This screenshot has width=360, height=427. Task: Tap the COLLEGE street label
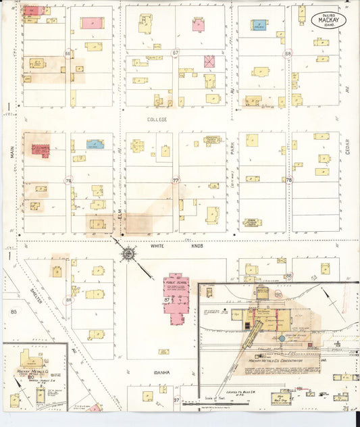pos(157,119)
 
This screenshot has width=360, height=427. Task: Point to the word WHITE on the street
pos(157,247)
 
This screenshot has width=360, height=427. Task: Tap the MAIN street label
pos(12,153)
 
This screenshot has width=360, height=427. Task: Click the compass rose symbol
pos(127,254)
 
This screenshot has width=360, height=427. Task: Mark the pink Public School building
pos(176,293)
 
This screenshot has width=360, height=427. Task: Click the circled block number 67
pos(176,53)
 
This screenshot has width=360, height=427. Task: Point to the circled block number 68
pos(288,53)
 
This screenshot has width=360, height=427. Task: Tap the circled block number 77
pos(176,181)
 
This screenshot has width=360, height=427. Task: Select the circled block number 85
pos(14,311)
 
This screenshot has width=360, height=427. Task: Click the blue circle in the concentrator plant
pos(281,338)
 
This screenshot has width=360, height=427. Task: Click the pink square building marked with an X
pos(209,61)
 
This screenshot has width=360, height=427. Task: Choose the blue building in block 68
pos(259,25)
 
